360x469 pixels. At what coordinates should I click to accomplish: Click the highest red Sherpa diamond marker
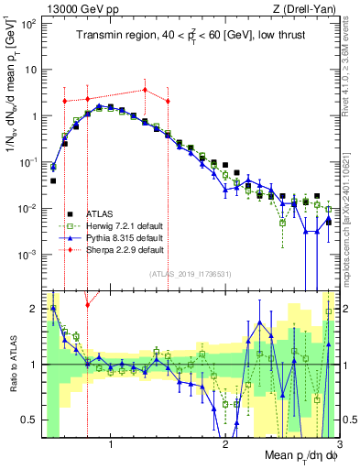(x=145, y=90)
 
